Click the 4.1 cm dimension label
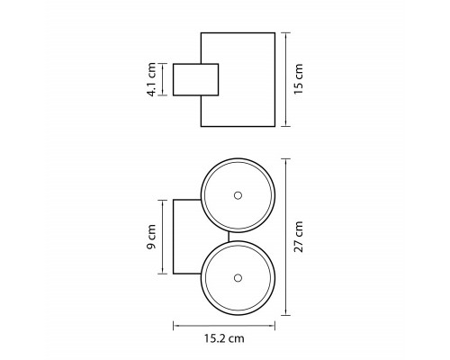[x=151, y=79]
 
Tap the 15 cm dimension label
[x=299, y=79]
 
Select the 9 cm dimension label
[x=151, y=237]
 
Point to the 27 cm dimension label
[x=299, y=237]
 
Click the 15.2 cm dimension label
[x=224, y=338]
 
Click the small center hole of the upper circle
[x=238, y=195]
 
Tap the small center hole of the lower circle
[x=238, y=278]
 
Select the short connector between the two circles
[x=229, y=237]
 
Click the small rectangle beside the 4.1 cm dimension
[x=195, y=80]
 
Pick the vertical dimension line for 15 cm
[x=286, y=79]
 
